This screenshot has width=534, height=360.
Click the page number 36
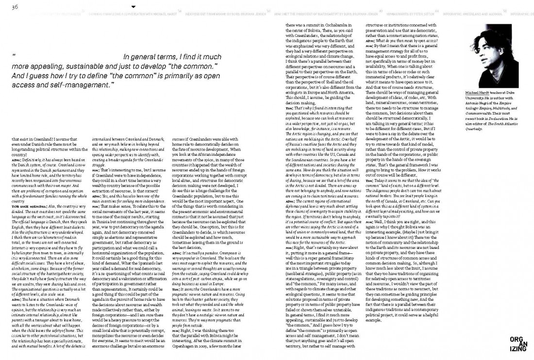click(15, 6)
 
